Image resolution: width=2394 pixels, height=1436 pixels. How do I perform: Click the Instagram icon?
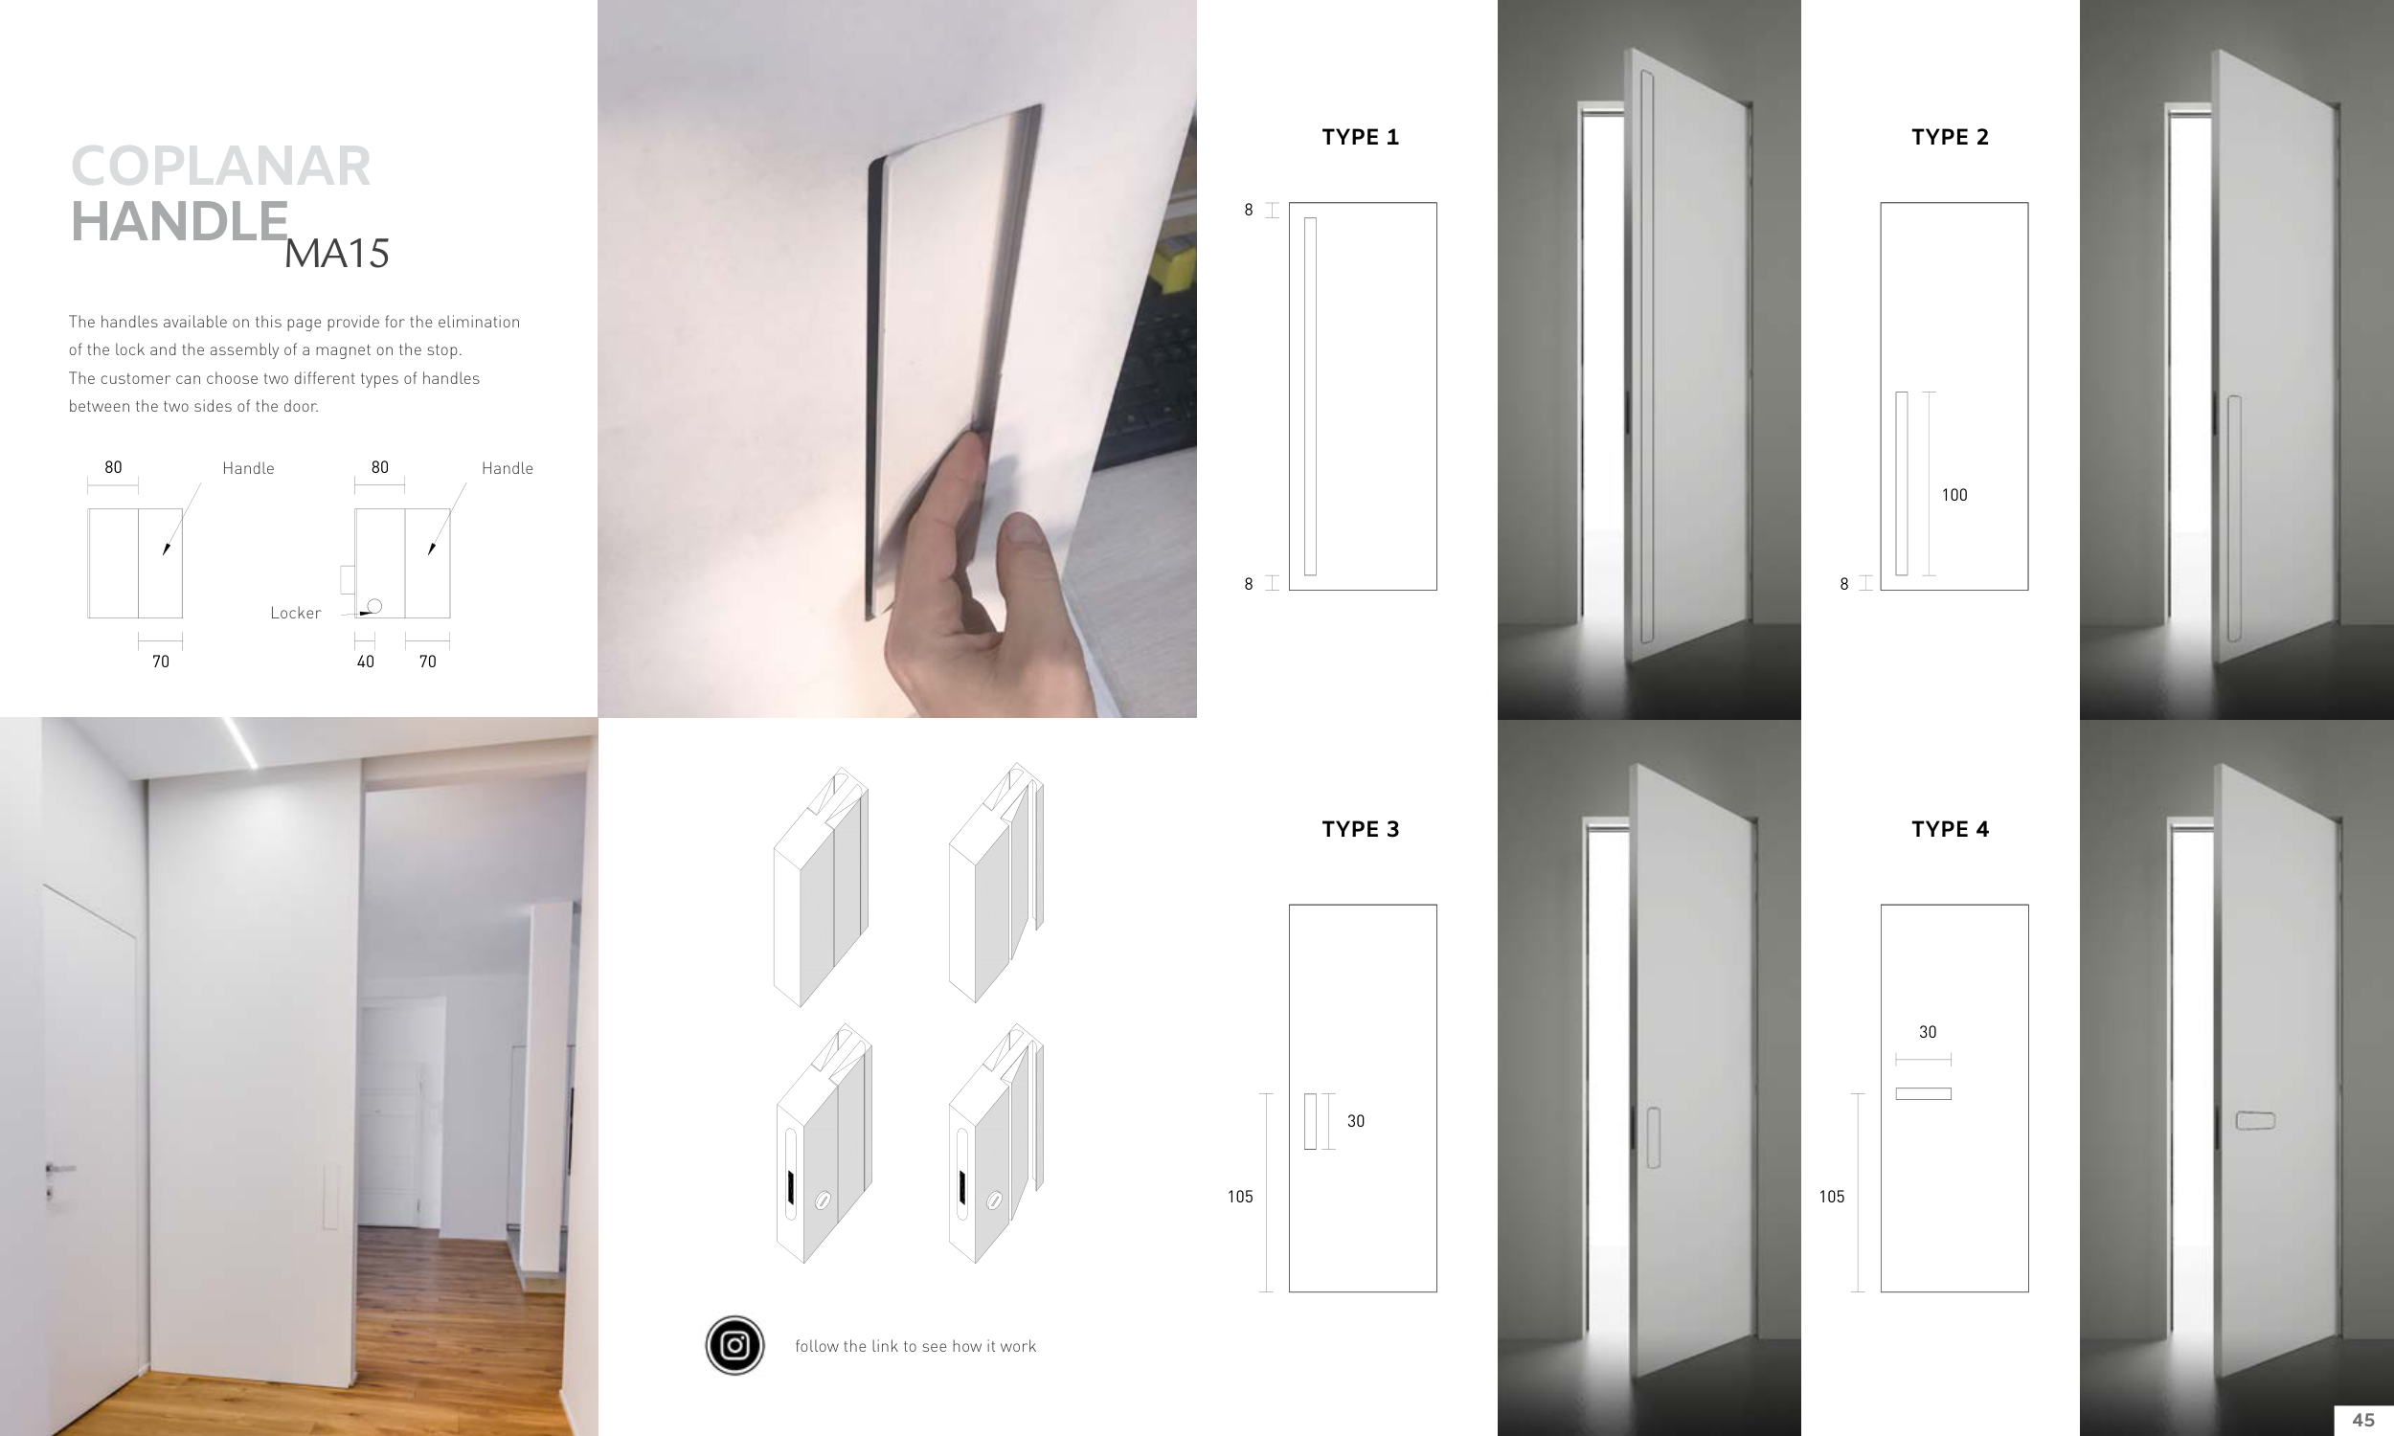(734, 1345)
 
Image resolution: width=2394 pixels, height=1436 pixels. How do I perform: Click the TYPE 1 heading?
(1361, 138)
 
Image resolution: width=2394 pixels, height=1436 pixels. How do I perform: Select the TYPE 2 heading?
(1950, 138)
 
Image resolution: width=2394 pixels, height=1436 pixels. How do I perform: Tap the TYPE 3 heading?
(1361, 829)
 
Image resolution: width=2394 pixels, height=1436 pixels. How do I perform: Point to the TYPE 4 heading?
(1950, 829)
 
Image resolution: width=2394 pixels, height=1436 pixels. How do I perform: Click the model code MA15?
(337, 254)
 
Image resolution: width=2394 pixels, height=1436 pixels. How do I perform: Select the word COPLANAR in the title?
(220, 166)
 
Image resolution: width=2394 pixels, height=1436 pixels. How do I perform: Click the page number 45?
(2363, 1420)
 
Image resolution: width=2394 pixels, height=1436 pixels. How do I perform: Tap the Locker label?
(295, 613)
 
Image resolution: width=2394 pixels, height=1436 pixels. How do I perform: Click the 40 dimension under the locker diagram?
(365, 662)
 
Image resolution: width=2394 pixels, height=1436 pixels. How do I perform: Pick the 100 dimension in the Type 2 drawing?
(1954, 496)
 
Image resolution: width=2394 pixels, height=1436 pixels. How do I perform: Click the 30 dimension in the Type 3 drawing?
(1356, 1121)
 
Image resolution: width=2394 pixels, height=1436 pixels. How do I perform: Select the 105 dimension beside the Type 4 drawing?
(1831, 1197)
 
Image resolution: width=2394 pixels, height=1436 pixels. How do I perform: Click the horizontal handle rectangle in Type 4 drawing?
(1923, 1093)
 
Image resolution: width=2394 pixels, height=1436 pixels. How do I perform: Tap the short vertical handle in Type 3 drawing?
(1310, 1121)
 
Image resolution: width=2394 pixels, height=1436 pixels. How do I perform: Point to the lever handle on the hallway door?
(58, 1169)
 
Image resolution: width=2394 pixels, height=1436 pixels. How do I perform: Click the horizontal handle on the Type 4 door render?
(2254, 1120)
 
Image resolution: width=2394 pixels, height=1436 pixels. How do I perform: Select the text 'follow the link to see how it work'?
(915, 1346)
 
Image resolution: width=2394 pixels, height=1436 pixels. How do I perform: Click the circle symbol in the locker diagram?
(374, 606)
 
